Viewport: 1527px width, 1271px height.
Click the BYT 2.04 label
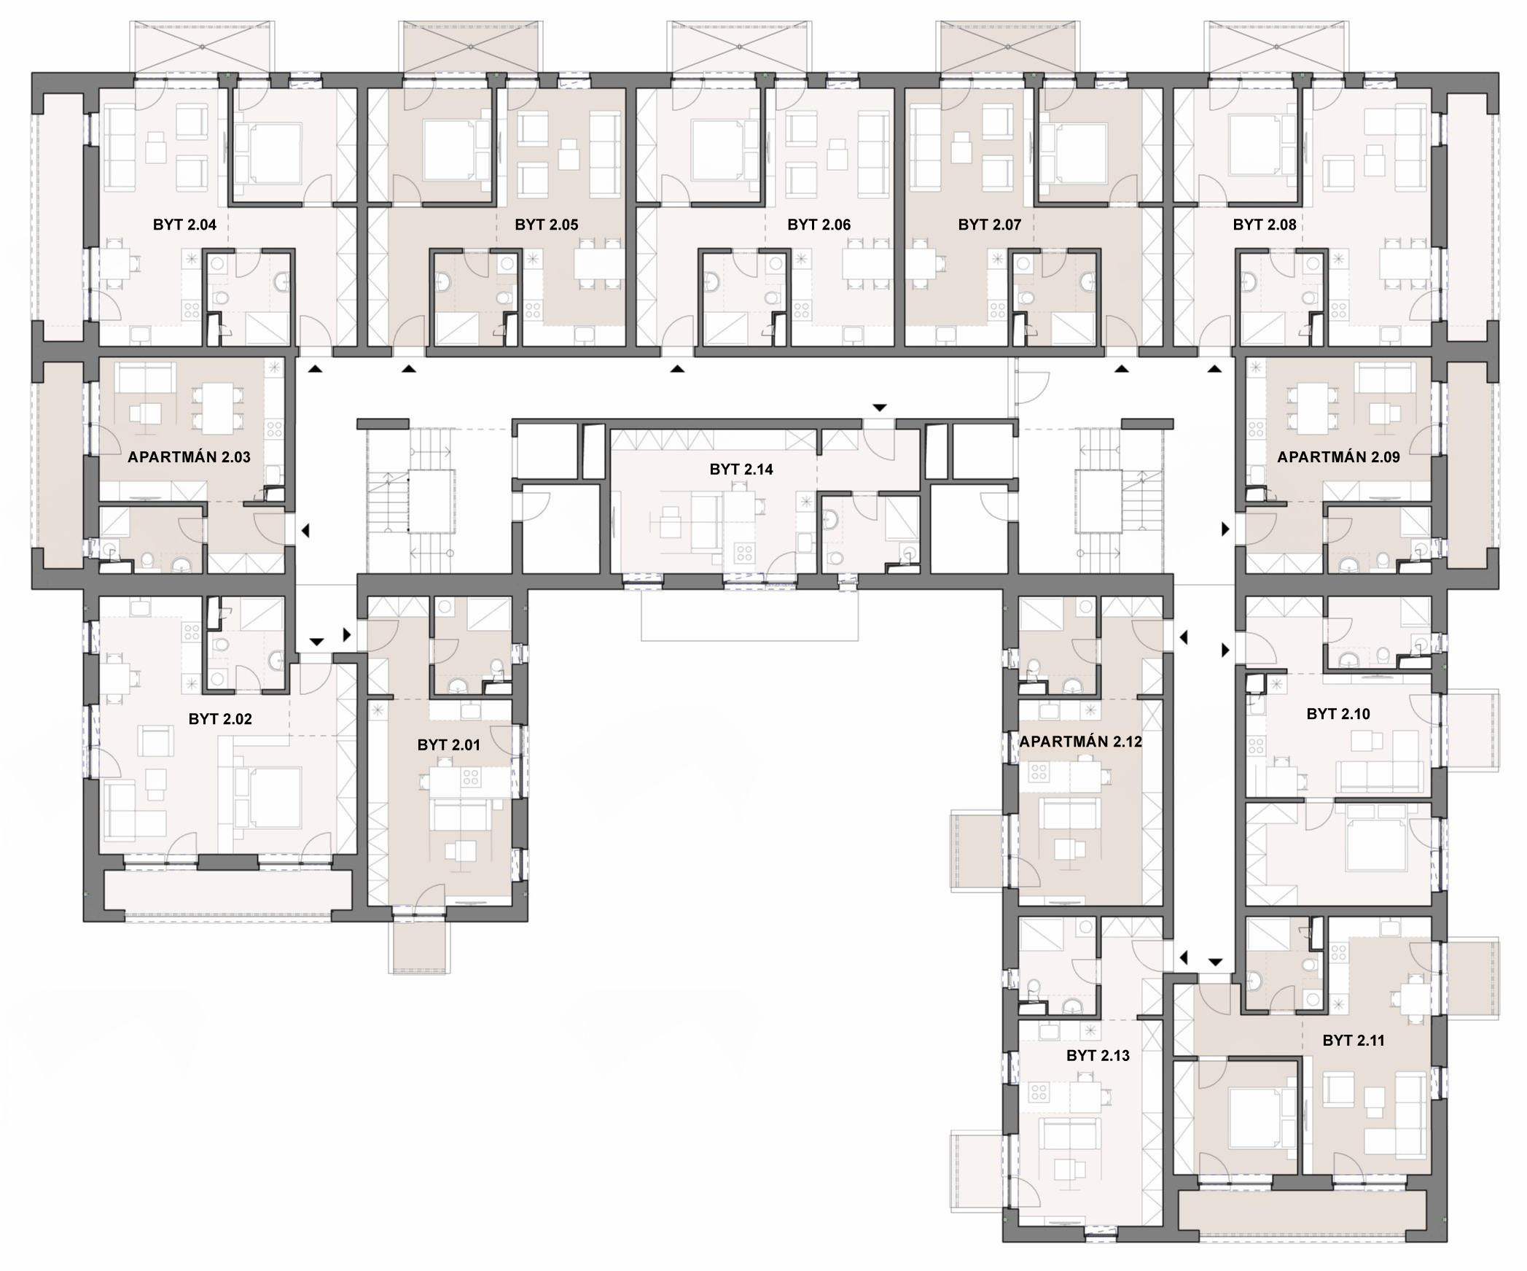[x=184, y=225]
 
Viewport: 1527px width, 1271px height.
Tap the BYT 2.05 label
[x=547, y=225]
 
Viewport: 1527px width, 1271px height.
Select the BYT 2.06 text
[x=819, y=225]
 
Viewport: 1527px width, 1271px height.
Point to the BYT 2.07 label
[x=990, y=225]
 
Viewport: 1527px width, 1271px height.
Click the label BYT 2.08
[x=1265, y=225]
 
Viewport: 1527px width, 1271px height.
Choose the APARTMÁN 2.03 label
[x=189, y=457]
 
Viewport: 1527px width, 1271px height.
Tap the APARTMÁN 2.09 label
[x=1339, y=457]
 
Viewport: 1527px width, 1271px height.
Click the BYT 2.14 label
[x=741, y=470]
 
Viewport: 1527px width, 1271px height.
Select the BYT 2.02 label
[x=220, y=719]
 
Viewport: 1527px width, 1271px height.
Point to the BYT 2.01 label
[x=449, y=745]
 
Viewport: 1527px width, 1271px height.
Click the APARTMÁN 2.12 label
[x=1080, y=742]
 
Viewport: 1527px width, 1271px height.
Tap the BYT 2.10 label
[x=1338, y=714]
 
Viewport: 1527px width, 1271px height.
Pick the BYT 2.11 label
[x=1354, y=1041]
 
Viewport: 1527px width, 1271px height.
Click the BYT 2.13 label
[x=1098, y=1056]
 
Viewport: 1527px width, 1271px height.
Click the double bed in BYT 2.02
[x=267, y=798]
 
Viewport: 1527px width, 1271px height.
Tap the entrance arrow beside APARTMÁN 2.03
[x=305, y=531]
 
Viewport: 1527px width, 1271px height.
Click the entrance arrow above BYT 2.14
[x=880, y=408]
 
